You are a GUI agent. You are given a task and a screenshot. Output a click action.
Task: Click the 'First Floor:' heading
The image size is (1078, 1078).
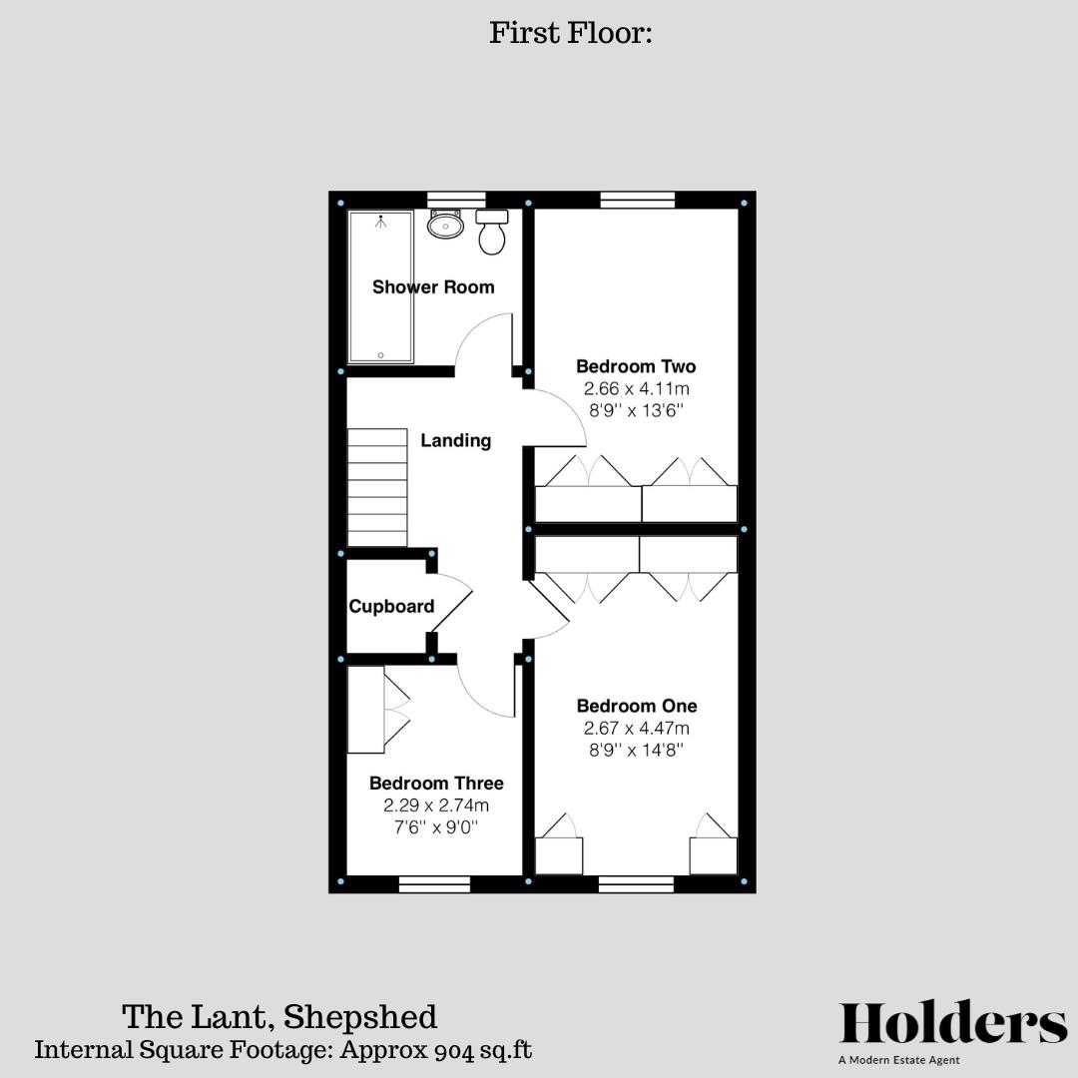(x=570, y=33)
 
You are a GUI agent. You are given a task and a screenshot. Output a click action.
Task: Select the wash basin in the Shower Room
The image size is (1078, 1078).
(x=445, y=225)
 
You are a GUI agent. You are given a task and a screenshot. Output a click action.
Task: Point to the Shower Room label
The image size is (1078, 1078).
(x=433, y=287)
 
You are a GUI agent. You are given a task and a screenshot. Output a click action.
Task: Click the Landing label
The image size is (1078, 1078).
(x=455, y=440)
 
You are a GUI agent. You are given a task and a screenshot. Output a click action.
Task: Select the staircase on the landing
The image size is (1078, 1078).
(x=377, y=487)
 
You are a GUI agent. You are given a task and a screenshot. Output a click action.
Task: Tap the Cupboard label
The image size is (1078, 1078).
(x=391, y=607)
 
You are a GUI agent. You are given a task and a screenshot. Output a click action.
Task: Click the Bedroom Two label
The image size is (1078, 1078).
(x=636, y=366)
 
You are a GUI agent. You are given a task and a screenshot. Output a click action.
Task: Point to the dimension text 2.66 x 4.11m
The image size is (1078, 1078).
(x=636, y=389)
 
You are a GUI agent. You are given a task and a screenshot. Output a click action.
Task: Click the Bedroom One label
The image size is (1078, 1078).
(x=637, y=706)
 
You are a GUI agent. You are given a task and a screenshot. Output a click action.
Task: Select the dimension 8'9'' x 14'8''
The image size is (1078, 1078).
(x=637, y=750)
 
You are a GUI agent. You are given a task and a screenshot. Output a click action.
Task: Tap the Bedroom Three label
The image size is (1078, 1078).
(x=436, y=784)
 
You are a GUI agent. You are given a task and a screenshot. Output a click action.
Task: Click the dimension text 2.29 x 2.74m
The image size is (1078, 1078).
(x=436, y=806)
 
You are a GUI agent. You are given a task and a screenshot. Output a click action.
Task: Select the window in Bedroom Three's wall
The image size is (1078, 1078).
(x=434, y=883)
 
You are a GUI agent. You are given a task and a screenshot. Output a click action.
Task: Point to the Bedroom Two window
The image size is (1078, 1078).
(x=638, y=200)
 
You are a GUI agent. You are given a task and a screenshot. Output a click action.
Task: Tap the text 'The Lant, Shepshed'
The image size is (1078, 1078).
(x=279, y=1017)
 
